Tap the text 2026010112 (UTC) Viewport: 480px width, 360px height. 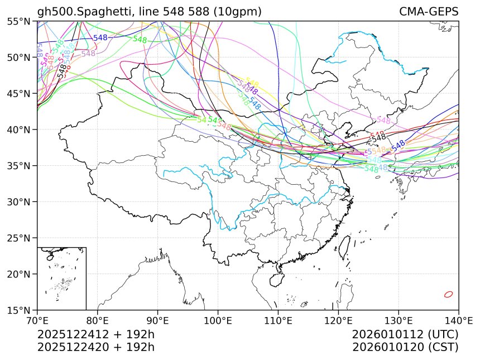click(405, 334)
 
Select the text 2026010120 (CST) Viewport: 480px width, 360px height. click(405, 347)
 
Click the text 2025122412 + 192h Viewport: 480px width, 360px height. click(95, 334)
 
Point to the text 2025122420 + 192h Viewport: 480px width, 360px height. click(95, 347)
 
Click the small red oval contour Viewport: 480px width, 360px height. click(448, 294)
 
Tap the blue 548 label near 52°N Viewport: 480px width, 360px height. click(100, 38)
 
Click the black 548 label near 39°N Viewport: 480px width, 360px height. click(379, 137)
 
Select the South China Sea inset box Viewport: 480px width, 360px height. click(61, 278)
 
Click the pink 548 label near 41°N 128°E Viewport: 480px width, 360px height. click(383, 120)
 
